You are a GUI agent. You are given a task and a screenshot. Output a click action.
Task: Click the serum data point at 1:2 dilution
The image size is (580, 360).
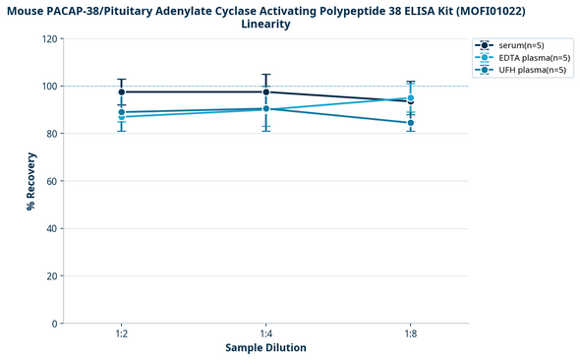[x=121, y=92]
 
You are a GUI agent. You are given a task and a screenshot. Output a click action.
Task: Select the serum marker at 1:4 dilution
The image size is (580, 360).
[x=265, y=92]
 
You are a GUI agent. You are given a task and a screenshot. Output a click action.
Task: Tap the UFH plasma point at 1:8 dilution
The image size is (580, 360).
[x=411, y=123]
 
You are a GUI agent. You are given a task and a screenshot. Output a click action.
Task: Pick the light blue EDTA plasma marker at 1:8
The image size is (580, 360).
[x=411, y=98]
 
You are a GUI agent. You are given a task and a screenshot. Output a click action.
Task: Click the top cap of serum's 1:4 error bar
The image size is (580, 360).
[x=265, y=74]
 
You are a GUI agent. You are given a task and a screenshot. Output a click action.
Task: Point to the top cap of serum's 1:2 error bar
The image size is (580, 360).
[x=121, y=80]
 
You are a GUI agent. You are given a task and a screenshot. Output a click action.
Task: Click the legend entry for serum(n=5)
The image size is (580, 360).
[x=521, y=45]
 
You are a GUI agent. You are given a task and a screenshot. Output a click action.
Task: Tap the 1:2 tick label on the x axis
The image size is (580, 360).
[x=121, y=335]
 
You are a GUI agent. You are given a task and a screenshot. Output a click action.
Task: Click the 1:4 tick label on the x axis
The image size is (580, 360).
[x=265, y=335]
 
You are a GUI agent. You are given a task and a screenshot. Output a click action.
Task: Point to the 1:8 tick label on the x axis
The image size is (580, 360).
[x=411, y=335]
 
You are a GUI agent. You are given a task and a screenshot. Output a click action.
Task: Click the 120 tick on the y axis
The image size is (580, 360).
[x=48, y=39]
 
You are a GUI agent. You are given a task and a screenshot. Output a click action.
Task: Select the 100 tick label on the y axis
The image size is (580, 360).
[x=48, y=87]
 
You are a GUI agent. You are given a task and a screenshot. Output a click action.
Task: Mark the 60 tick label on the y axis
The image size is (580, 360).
[x=51, y=181]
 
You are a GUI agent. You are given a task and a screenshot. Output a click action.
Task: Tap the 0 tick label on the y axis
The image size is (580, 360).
[x=54, y=324]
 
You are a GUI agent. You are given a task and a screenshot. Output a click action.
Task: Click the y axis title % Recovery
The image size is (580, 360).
[x=31, y=181]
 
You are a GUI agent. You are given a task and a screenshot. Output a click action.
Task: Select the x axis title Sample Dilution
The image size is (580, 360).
[x=265, y=348]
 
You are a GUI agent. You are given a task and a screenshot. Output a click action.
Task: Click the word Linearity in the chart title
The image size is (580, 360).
[x=265, y=24]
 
